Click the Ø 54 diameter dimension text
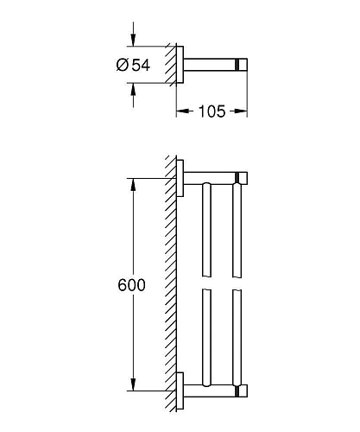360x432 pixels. tap(133, 65)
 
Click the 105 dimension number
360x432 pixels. tap(212, 111)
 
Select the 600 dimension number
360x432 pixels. tap(132, 285)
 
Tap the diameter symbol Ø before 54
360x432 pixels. tap(123, 65)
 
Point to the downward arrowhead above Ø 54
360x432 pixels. tap(133, 40)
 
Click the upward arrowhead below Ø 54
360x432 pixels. tap(133, 90)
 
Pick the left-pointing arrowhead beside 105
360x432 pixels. tap(183, 111)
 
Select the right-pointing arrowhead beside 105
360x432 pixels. tap(241, 111)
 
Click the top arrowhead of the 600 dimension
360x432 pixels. tap(133, 185)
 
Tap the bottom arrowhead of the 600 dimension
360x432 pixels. tap(133, 384)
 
